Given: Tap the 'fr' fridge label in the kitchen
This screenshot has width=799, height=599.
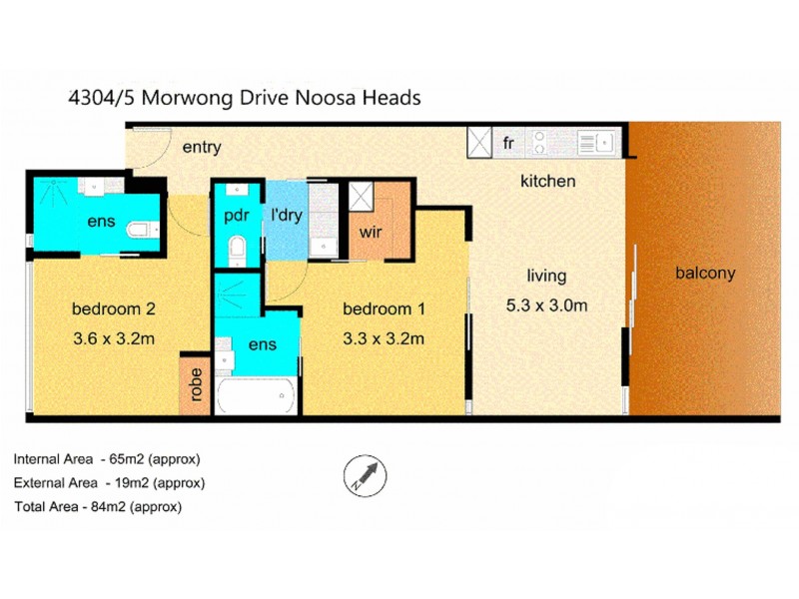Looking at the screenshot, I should (507, 143).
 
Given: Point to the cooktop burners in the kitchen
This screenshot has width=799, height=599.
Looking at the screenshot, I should (539, 143).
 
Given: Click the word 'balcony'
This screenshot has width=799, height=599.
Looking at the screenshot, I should (705, 273).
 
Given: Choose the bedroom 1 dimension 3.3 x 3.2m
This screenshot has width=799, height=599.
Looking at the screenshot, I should (384, 338).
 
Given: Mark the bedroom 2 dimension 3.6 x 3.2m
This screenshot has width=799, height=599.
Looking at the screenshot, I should (113, 338).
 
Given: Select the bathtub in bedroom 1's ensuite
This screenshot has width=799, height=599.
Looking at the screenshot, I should (256, 396).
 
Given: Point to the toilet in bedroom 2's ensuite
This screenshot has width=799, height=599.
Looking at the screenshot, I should (142, 230).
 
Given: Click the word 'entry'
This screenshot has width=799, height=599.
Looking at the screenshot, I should (201, 148).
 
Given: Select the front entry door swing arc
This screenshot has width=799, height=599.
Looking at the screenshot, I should (150, 147).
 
